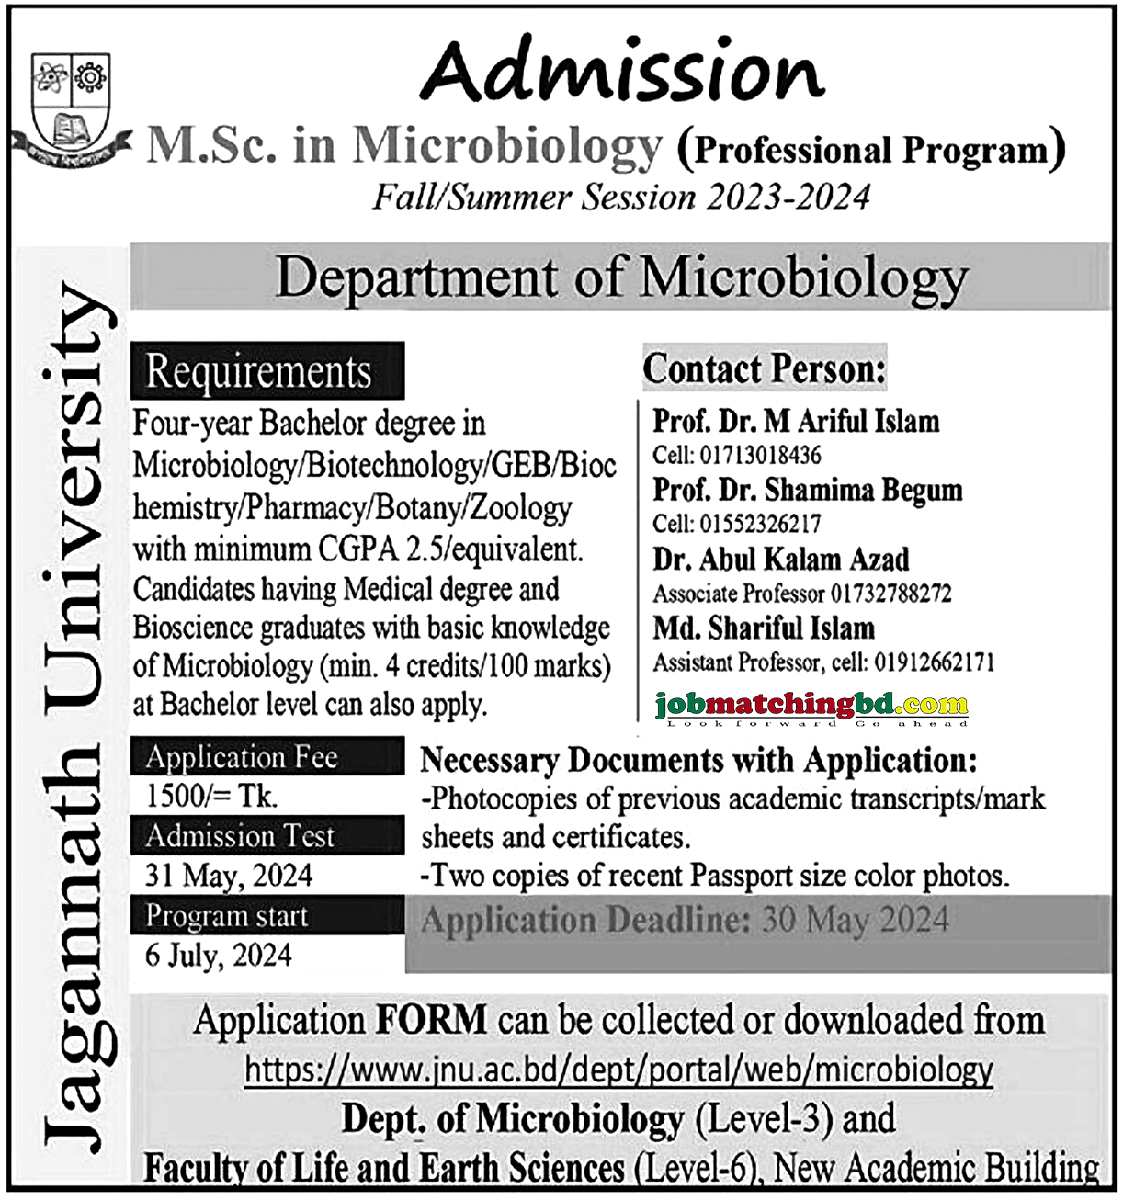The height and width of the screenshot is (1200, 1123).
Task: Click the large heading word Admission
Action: [622, 71]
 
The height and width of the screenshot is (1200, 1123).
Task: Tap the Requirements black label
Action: [259, 372]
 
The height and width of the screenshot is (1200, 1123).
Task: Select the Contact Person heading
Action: [764, 369]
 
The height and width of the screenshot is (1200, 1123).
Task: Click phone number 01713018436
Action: [761, 456]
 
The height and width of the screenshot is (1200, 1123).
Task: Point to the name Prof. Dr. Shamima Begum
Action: [807, 490]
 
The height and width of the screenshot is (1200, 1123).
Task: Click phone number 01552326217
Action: [761, 524]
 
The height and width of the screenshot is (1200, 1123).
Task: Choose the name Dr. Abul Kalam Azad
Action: [781, 559]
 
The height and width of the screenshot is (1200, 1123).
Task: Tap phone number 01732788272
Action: [891, 594]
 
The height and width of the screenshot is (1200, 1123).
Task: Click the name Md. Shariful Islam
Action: [764, 628]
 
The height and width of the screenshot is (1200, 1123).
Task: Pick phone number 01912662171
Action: [934, 662]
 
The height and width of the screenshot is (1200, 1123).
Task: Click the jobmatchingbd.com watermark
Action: [811, 706]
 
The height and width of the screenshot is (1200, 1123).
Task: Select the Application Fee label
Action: [242, 757]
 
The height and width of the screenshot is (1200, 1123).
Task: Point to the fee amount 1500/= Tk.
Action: [211, 796]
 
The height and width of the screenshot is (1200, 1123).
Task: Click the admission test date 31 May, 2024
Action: [229, 875]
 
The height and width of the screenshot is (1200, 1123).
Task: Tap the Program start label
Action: [227, 916]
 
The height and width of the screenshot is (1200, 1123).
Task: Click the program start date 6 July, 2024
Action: [219, 956]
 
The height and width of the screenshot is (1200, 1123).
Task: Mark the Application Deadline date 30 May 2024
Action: [855, 921]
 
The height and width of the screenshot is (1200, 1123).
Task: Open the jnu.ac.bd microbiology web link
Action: [618, 1070]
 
